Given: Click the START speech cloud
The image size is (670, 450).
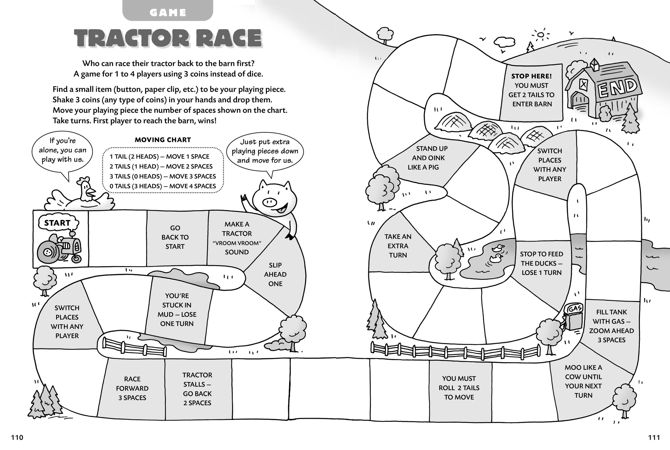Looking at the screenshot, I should click(x=57, y=223).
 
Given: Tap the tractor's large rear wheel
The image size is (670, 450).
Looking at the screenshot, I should click(x=48, y=252).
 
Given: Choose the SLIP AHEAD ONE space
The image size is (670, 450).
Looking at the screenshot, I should click(x=275, y=274).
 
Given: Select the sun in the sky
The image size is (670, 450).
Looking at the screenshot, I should click(x=541, y=35).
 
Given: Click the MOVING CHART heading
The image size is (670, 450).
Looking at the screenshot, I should click(x=163, y=140).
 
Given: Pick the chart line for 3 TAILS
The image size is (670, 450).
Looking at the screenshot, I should click(x=163, y=176).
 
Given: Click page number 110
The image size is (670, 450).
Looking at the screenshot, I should click(x=17, y=437).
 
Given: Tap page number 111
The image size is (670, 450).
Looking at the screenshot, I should click(x=654, y=437).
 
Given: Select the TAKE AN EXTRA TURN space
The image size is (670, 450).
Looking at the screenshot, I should click(x=398, y=246).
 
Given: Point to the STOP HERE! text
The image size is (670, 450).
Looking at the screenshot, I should click(x=531, y=76).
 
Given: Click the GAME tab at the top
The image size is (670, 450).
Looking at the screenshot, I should click(x=168, y=12).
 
